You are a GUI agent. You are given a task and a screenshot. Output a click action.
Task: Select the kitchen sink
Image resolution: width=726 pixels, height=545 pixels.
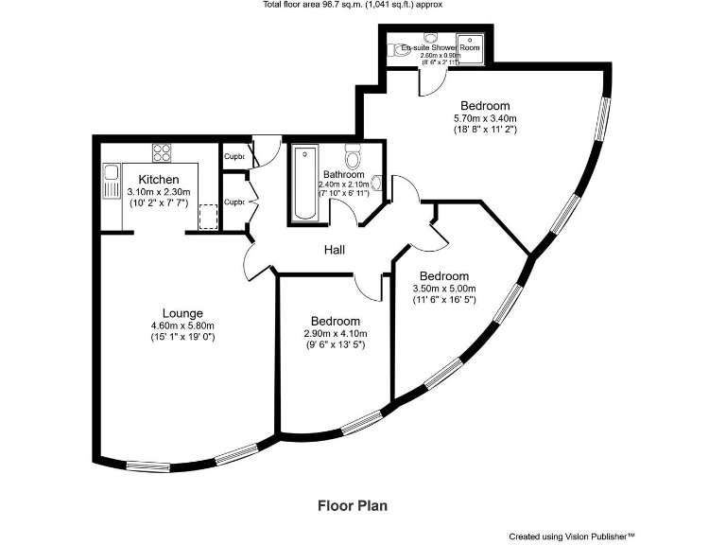[x=111, y=176]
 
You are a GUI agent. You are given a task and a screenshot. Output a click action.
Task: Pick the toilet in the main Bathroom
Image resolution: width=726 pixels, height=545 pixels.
[x=354, y=155]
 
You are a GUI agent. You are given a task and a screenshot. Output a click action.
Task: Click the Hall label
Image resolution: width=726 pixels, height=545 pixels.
[x=334, y=251]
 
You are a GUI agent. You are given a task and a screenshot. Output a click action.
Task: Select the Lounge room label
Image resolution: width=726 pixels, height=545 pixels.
[x=182, y=313]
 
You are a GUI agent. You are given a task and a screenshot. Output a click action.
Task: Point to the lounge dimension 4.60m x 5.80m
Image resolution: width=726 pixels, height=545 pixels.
[x=182, y=326]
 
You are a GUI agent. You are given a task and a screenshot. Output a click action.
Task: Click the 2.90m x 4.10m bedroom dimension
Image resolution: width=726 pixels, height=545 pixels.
[x=335, y=334]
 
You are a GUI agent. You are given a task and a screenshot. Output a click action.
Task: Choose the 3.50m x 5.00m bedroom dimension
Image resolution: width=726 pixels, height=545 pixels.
[x=443, y=289]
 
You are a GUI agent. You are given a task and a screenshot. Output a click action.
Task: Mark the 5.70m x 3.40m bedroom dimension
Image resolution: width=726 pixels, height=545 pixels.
[x=484, y=118]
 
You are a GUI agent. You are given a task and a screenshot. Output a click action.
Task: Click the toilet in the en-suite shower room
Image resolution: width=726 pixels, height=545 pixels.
[x=430, y=40]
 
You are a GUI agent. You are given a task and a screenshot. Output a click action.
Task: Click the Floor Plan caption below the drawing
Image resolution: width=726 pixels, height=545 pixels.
[x=352, y=506]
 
